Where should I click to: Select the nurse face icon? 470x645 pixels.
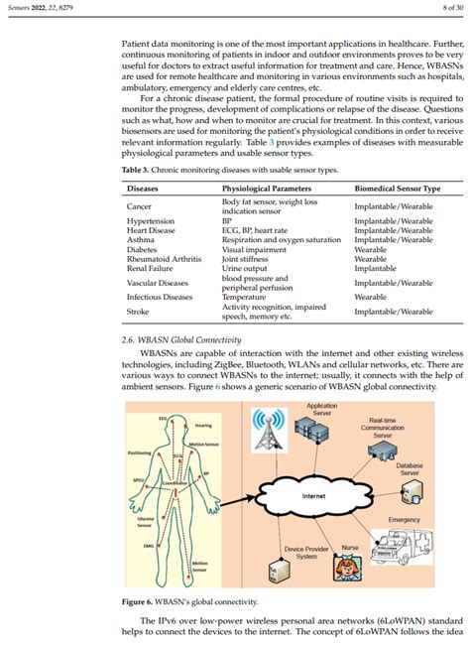tap(349, 569)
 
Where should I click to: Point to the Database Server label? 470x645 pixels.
tap(409, 468)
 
